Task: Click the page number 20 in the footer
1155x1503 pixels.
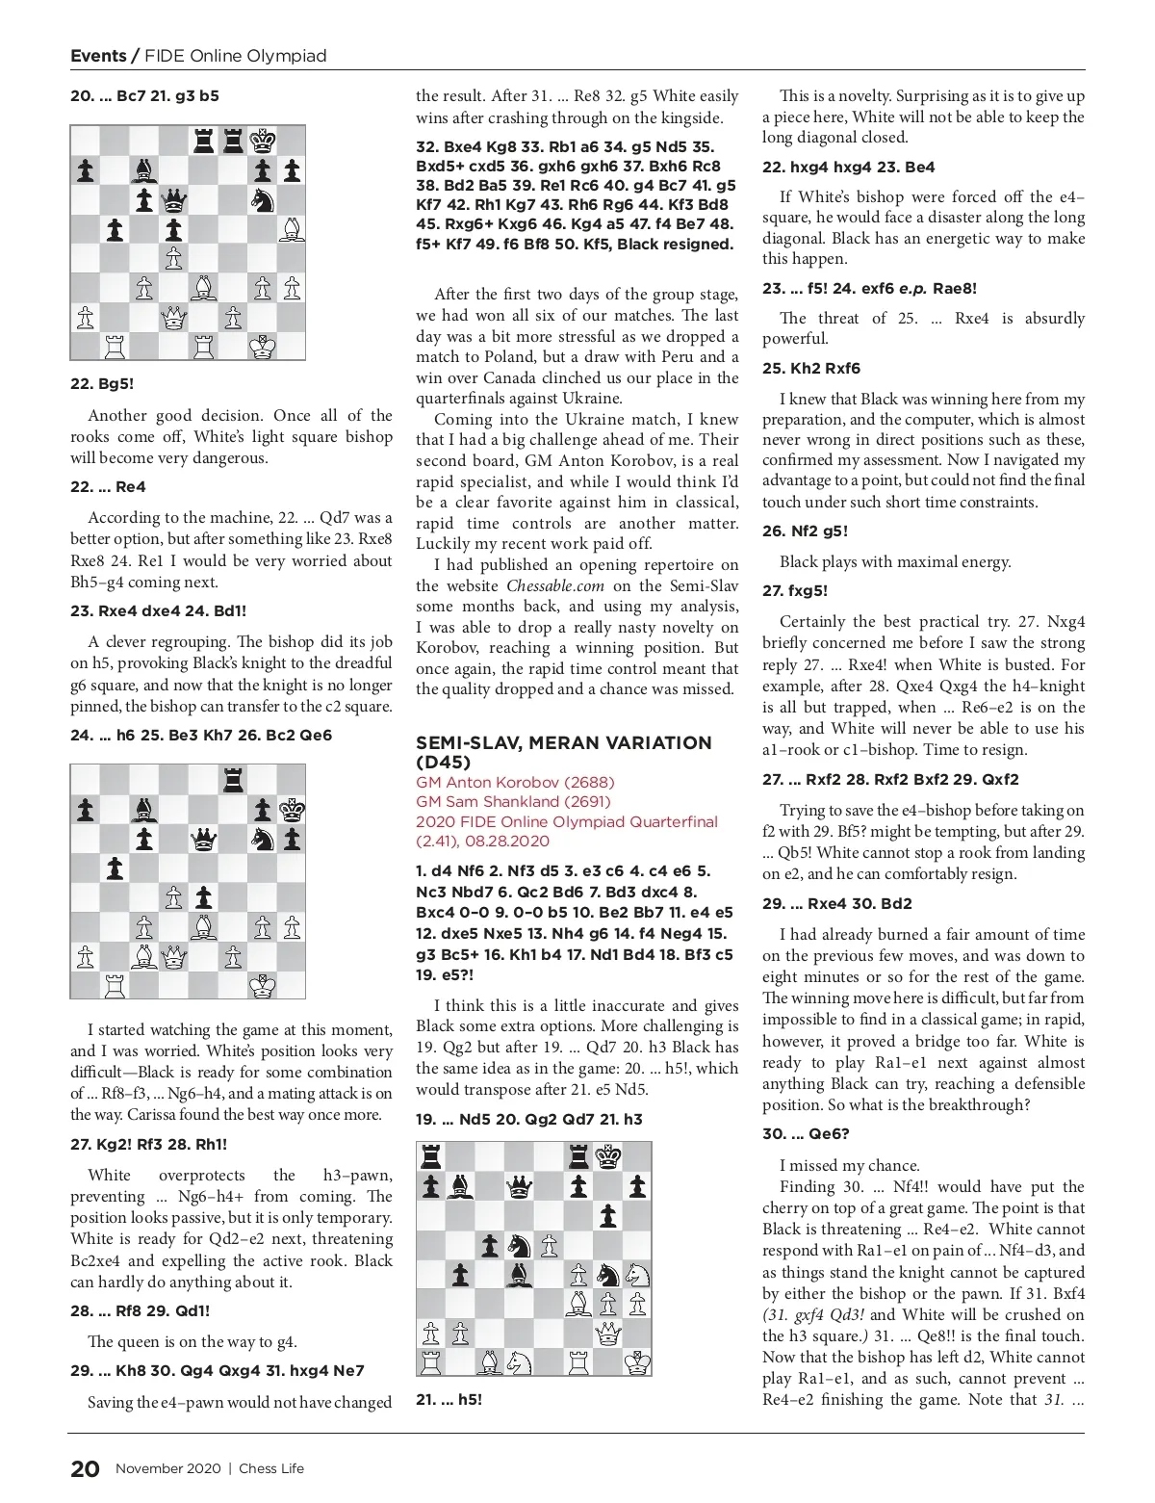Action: (x=85, y=1468)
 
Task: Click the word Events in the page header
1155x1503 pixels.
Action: (x=98, y=55)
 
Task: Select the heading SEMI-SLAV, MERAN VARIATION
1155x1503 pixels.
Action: (x=563, y=742)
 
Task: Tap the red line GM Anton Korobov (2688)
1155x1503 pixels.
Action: (x=515, y=782)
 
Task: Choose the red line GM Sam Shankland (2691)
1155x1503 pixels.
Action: (x=514, y=801)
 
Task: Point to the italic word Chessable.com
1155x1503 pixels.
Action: (x=555, y=585)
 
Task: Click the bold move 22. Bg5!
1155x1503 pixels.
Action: (x=102, y=383)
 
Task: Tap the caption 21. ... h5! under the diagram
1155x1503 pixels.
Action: (x=449, y=1399)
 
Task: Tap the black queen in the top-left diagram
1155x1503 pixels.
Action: (x=174, y=200)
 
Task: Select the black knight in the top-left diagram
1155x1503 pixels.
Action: (x=261, y=200)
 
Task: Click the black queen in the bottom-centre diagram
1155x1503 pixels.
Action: (x=521, y=1188)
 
